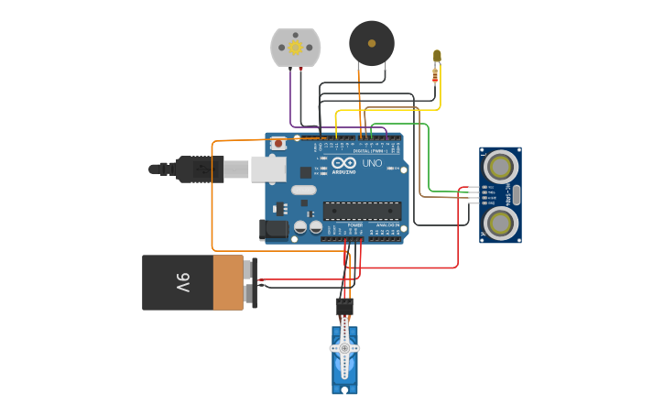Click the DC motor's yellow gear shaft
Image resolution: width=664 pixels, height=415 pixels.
pos(295,47)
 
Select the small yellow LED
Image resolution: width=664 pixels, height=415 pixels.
pos(437,56)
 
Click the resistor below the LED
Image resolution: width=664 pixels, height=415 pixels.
pos(434,76)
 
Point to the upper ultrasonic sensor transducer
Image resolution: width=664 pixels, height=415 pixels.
pos(500,166)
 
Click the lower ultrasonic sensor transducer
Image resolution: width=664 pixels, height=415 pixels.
pos(500,223)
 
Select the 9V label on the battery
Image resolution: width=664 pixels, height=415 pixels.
pos(182,283)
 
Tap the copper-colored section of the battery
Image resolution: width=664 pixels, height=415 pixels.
pos(228,283)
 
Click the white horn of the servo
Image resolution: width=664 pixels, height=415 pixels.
pos(344,349)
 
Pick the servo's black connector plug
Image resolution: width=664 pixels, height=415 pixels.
pos(343,306)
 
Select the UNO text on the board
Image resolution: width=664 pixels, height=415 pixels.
pos(372,163)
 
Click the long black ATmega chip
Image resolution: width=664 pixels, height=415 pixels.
pos(362,210)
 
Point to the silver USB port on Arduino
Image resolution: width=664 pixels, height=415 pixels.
pos(268,169)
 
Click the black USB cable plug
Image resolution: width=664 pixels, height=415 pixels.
pos(197,169)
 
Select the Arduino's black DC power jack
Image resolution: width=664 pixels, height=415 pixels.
pos(275,230)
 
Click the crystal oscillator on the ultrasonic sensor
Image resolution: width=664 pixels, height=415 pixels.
pos(516,194)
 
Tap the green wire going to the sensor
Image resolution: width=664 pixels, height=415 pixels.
pos(429,156)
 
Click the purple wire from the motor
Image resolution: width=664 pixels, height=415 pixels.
pos(291,101)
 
